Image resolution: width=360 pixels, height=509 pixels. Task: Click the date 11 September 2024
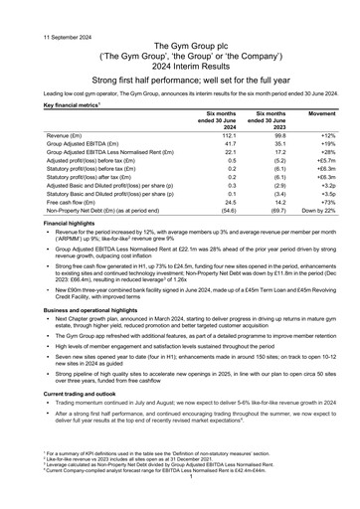(x=37, y=11)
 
